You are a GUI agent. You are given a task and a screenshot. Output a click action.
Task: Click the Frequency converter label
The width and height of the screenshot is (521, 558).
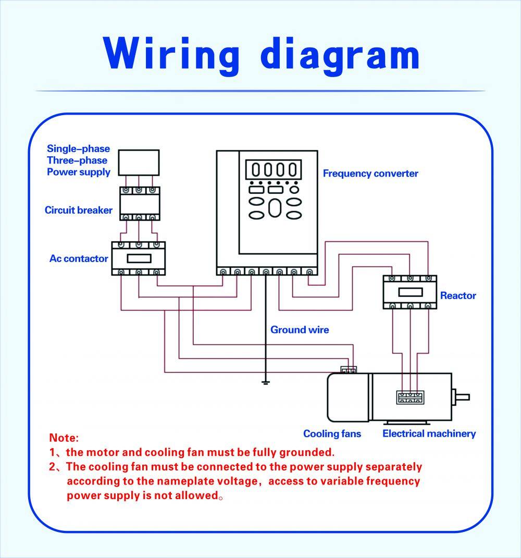(370, 173)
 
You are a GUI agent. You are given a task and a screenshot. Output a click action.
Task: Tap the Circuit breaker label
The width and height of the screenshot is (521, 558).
(78, 210)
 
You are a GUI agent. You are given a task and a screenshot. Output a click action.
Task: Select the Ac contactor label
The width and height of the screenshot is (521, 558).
(79, 258)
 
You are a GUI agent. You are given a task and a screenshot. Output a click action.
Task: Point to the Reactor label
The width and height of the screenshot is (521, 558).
(458, 295)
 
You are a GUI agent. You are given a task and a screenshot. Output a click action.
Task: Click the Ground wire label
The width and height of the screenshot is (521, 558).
(300, 330)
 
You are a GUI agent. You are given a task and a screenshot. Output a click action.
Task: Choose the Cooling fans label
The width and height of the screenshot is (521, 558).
(332, 433)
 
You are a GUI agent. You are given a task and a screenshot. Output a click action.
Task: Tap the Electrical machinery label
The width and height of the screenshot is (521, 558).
(429, 433)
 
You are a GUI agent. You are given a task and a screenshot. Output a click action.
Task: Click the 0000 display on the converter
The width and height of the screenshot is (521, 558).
(273, 170)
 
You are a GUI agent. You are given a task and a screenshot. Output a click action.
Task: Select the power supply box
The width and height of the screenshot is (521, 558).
(139, 163)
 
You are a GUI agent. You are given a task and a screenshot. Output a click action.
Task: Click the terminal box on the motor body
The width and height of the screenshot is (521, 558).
(410, 398)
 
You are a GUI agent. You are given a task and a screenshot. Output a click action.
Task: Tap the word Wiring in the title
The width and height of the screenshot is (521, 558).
(171, 54)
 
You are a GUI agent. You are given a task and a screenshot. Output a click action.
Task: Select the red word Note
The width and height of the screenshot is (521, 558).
(64, 438)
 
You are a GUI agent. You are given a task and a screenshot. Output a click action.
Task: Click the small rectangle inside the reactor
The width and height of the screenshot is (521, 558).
(410, 292)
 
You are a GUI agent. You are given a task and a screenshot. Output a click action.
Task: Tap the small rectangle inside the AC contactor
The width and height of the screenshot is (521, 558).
(139, 258)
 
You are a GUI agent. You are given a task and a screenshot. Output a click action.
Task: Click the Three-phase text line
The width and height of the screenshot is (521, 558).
(77, 160)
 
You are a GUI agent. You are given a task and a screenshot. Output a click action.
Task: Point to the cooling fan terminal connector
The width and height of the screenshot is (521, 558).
(349, 370)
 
